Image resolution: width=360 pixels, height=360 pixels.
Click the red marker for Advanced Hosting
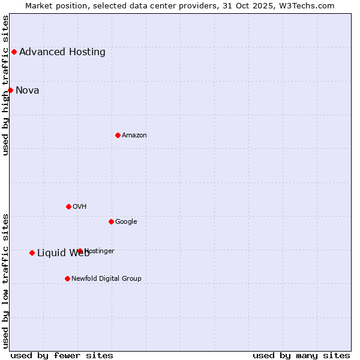point(14,52)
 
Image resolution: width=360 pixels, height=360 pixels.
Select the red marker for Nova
point(10,90)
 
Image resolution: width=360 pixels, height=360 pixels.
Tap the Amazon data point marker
point(118,135)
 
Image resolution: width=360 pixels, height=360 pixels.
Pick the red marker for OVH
point(68,206)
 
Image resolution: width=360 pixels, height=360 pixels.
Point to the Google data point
point(111,221)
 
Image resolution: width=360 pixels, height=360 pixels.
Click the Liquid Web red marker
point(32,253)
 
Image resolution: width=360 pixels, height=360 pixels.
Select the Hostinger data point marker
point(80,251)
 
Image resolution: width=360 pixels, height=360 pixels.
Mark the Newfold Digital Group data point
point(67,278)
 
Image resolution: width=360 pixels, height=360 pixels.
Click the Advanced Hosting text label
point(62,52)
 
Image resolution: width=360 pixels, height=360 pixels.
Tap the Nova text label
point(28,91)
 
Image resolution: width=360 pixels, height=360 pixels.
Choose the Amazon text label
point(134,135)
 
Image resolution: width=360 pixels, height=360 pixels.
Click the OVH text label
point(80,206)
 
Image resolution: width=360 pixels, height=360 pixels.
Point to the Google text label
point(126,221)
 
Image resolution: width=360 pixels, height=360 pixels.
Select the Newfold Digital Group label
point(106,278)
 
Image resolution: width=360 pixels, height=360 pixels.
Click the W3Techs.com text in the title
point(310,6)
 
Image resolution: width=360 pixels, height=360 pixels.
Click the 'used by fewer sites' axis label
point(62,355)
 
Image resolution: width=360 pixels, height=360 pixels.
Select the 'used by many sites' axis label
point(301,355)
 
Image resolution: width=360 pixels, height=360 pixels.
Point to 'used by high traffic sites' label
point(6,85)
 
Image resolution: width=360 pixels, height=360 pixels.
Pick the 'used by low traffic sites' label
point(6,281)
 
